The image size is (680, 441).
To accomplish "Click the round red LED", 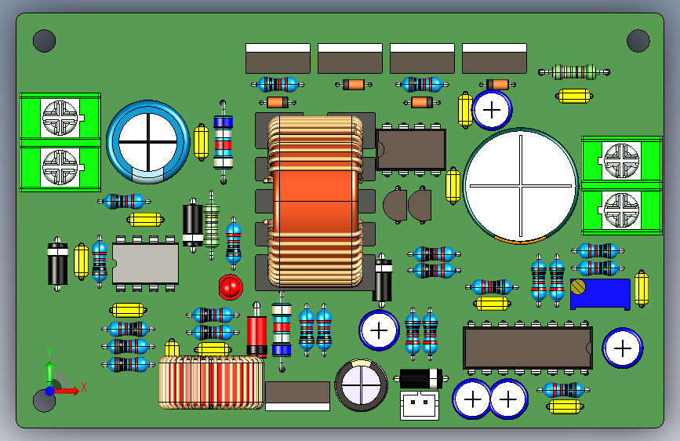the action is click(231, 287).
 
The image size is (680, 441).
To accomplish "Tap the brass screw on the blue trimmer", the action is click(578, 286).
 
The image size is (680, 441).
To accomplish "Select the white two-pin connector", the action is click(420, 406).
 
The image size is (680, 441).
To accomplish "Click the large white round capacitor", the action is click(521, 186).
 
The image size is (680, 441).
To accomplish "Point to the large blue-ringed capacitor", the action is click(148, 142).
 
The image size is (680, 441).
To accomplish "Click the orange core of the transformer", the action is click(315, 202).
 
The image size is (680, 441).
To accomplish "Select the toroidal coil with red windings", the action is click(211, 382).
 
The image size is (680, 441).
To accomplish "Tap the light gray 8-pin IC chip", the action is click(145, 264).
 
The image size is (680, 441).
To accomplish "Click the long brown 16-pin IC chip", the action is click(528, 348).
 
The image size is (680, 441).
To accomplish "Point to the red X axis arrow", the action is click(66, 390).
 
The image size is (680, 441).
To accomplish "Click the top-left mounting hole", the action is click(44, 41).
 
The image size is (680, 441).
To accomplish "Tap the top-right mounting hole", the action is click(638, 41).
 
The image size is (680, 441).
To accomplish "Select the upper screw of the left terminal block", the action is click(60, 118).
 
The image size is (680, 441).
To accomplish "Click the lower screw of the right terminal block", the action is click(621, 210).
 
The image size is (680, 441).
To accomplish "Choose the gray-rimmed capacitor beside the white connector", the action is click(362, 385).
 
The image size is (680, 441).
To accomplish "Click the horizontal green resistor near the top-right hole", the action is click(574, 72).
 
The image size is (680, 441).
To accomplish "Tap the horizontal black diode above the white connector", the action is click(420, 378).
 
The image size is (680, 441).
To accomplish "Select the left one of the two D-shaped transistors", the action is click(395, 205).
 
